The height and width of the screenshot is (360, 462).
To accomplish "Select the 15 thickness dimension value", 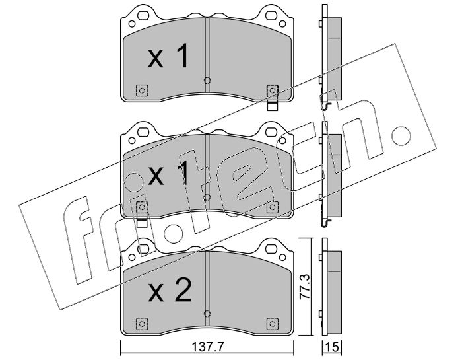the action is (333, 347).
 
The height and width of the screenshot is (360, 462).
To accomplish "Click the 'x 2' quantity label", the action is (170, 291).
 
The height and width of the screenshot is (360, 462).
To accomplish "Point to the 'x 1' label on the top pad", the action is (168, 56).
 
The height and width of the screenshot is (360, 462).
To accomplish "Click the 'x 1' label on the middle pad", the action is (168, 173).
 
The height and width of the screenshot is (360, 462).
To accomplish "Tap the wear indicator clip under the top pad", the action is (272, 106).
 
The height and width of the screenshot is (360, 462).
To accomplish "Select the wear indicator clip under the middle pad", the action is (142, 222).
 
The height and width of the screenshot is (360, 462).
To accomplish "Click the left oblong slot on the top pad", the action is (143, 15).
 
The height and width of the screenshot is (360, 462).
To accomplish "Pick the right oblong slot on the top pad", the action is (271, 15).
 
